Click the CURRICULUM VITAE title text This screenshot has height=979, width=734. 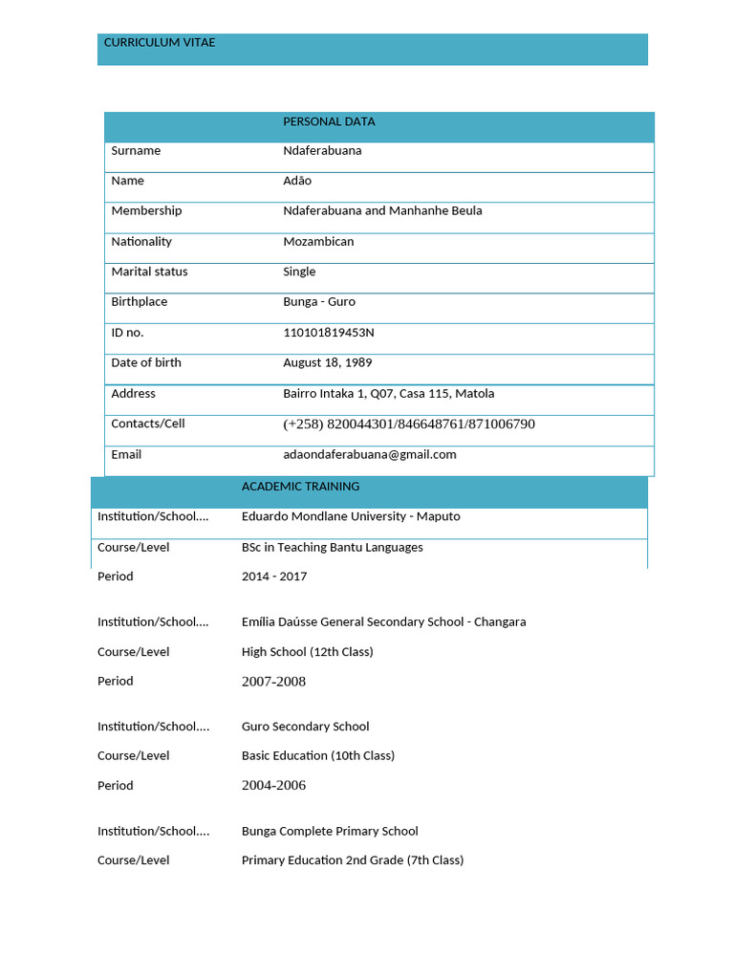click(160, 43)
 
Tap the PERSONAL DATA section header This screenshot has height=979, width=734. click(329, 121)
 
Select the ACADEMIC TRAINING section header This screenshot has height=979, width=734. click(300, 487)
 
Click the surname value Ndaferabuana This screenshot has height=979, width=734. click(322, 151)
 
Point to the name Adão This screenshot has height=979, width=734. click(297, 181)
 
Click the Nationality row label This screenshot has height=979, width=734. click(141, 242)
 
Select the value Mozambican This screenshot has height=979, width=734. click(318, 242)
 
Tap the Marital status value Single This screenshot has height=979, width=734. click(299, 272)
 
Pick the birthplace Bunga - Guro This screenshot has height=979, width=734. click(319, 302)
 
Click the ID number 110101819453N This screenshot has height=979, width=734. click(329, 333)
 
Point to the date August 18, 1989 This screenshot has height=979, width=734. click(328, 363)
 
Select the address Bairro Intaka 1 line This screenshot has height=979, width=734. click(388, 394)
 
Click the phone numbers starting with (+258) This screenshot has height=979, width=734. click(409, 424)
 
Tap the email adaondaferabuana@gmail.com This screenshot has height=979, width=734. click(370, 455)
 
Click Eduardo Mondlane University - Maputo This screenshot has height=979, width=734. click(351, 516)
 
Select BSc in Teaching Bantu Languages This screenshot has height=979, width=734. click(332, 548)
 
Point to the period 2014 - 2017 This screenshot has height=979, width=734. click(274, 577)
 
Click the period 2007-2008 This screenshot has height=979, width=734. click(273, 682)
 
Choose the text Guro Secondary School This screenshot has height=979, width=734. click(305, 727)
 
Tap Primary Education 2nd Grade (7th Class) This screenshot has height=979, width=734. click(353, 860)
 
